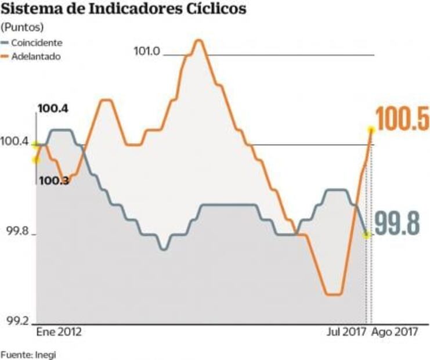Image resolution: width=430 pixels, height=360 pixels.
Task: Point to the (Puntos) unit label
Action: coord(23,27)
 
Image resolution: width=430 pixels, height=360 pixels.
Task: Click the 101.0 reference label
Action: coord(147,51)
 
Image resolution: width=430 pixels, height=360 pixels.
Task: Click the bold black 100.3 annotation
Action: coord(55,181)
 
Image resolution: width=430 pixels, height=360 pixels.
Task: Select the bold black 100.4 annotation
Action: coord(53,109)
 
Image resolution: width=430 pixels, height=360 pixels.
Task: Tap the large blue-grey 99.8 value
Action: coord(396,223)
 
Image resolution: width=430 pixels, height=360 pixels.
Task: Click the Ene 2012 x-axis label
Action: coord(59,333)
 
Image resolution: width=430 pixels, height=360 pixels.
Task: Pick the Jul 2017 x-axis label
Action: coord(346,333)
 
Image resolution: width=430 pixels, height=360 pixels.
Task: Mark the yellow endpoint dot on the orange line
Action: coord(370,129)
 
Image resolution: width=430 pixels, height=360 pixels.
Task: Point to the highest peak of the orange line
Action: coord(198,41)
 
